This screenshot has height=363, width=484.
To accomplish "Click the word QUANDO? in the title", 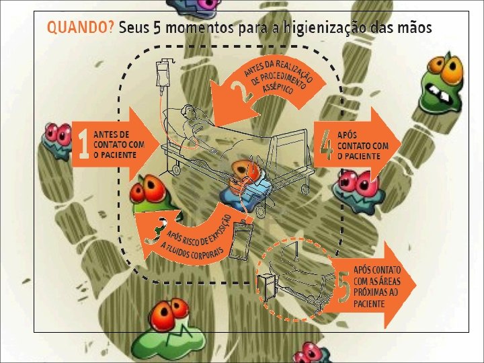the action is point(80,29).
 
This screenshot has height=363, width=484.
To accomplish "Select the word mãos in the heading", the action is point(413,29).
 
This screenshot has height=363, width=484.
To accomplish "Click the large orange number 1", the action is point(83,146).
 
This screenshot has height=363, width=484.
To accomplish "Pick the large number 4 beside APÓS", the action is point(327,146).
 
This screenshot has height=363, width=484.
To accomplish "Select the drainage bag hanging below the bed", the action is point(241,243).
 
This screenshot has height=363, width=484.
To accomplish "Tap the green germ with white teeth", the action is point(441,84).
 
